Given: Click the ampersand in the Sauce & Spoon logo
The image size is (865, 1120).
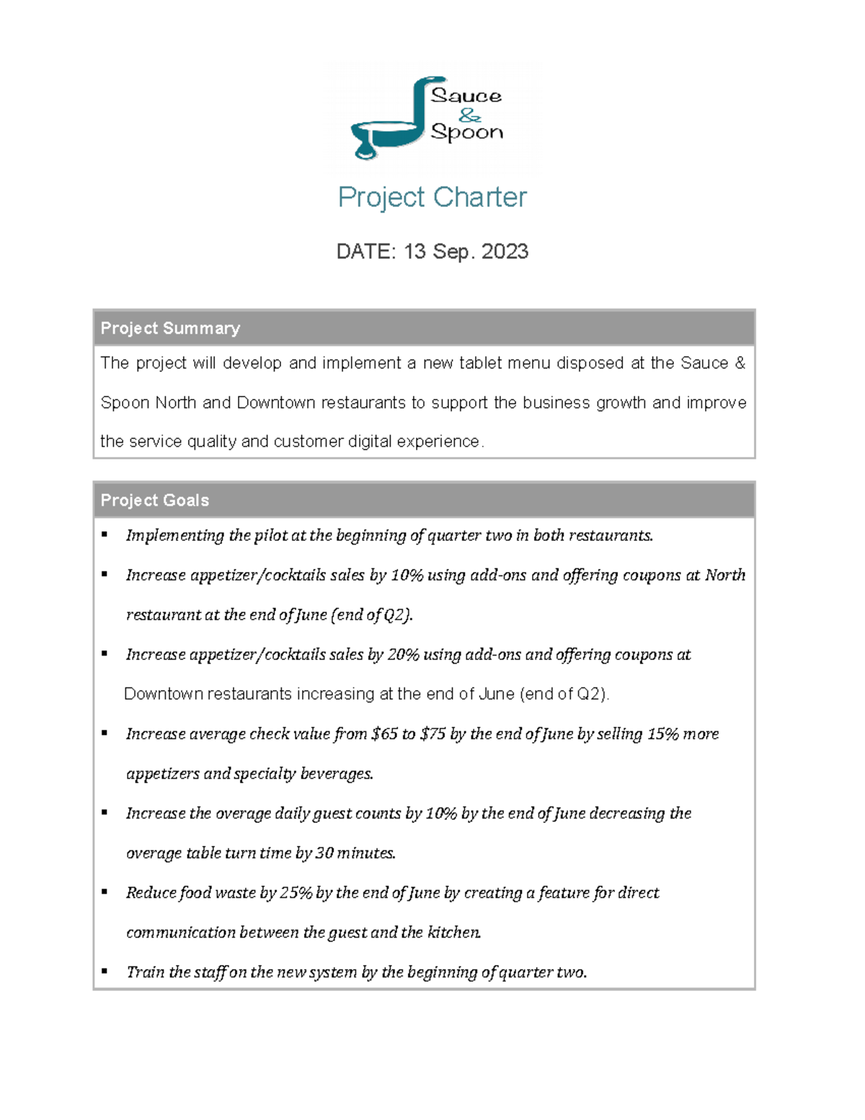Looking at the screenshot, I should pyautogui.click(x=469, y=115).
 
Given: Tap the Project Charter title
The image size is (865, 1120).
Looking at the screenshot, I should pyautogui.click(x=432, y=197).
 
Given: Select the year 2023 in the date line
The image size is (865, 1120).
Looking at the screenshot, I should pyautogui.click(x=505, y=251).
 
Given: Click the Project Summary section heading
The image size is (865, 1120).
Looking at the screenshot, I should pyautogui.click(x=170, y=328).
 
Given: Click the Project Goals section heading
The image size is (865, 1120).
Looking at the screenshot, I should pyautogui.click(x=155, y=501).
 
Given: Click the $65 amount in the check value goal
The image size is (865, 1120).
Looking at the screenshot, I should pyautogui.click(x=384, y=733).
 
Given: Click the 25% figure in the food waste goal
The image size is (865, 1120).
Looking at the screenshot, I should pyautogui.click(x=296, y=892).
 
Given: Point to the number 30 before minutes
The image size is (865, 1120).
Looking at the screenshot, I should pyautogui.click(x=324, y=852).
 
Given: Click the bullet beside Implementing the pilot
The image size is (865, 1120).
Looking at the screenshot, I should pyautogui.click(x=105, y=534).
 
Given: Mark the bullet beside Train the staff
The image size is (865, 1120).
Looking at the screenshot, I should pyautogui.click(x=105, y=971).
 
